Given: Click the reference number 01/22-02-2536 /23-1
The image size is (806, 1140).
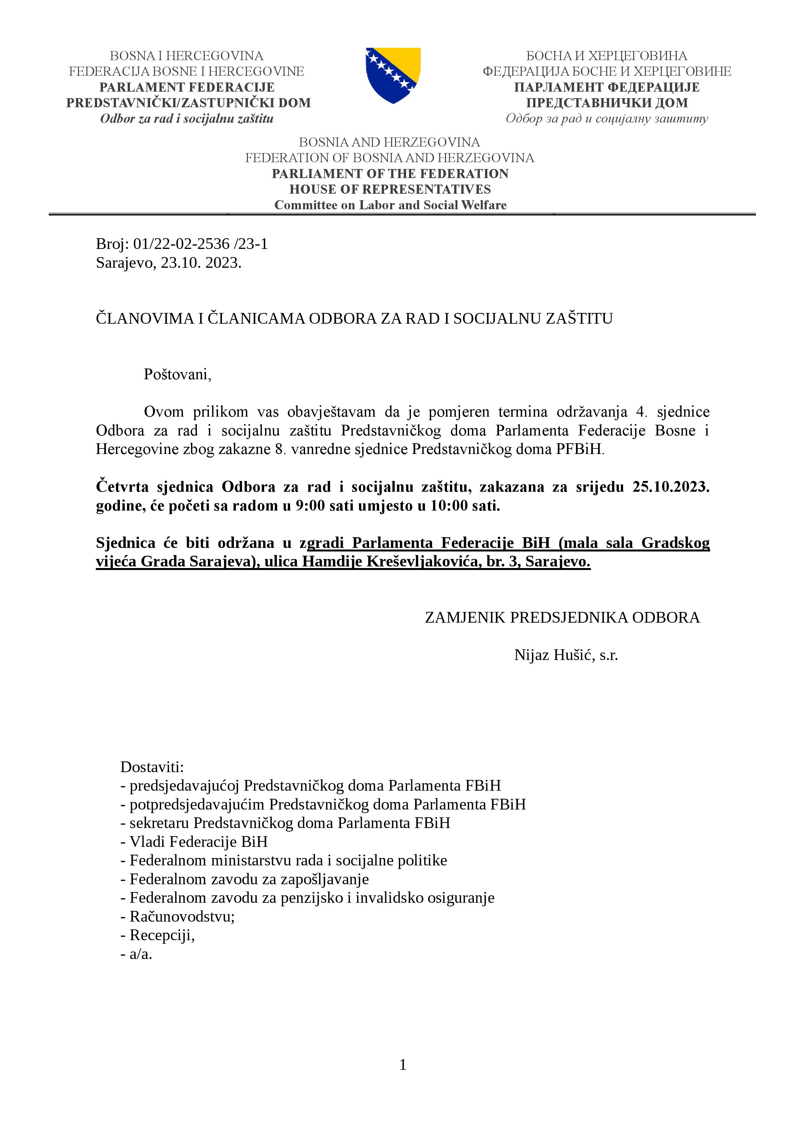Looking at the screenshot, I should click(x=200, y=244).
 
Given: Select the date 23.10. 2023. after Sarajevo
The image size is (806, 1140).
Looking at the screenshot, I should click(x=201, y=263).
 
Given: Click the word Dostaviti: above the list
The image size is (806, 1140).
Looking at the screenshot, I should click(x=152, y=767).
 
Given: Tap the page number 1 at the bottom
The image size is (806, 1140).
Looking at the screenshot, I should click(x=403, y=1065).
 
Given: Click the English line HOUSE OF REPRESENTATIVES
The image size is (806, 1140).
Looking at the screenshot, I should click(x=390, y=189).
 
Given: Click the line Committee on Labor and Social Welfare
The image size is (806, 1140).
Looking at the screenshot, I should click(x=390, y=205).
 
